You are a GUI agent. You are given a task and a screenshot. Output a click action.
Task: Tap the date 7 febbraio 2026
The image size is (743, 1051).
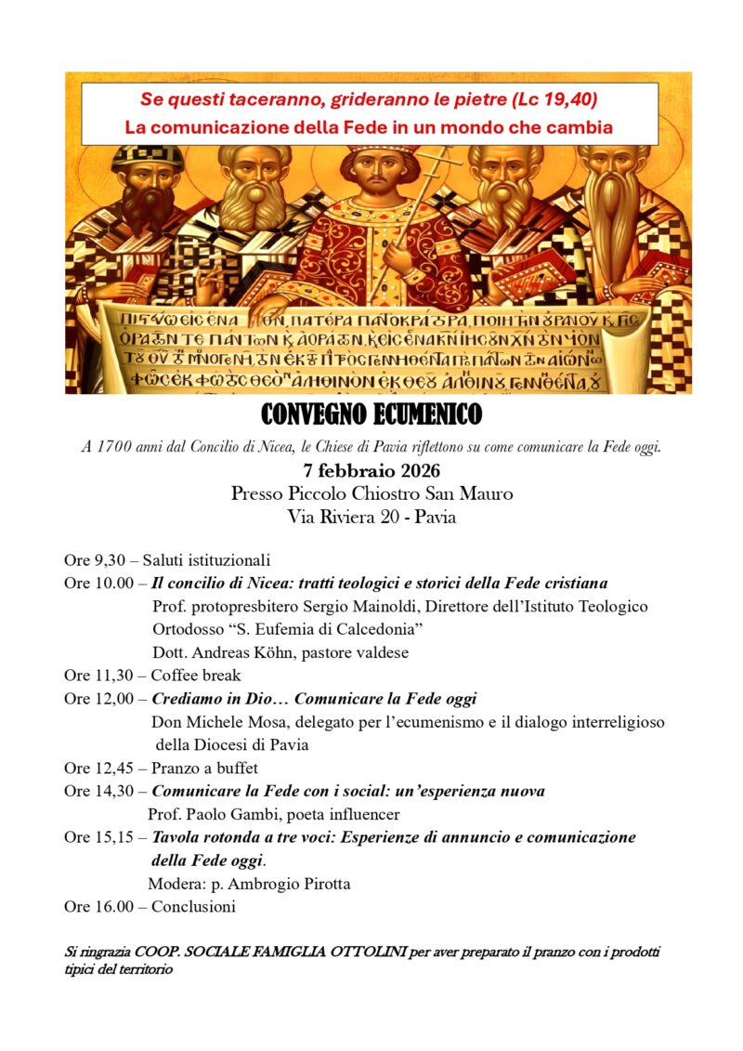click(x=371, y=470)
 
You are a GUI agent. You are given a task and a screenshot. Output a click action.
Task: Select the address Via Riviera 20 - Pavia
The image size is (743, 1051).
click(x=371, y=518)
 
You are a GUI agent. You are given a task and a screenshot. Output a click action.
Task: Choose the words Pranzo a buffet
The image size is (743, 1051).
click(x=204, y=768)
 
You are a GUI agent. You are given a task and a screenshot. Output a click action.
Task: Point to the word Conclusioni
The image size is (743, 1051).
click(x=193, y=906)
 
